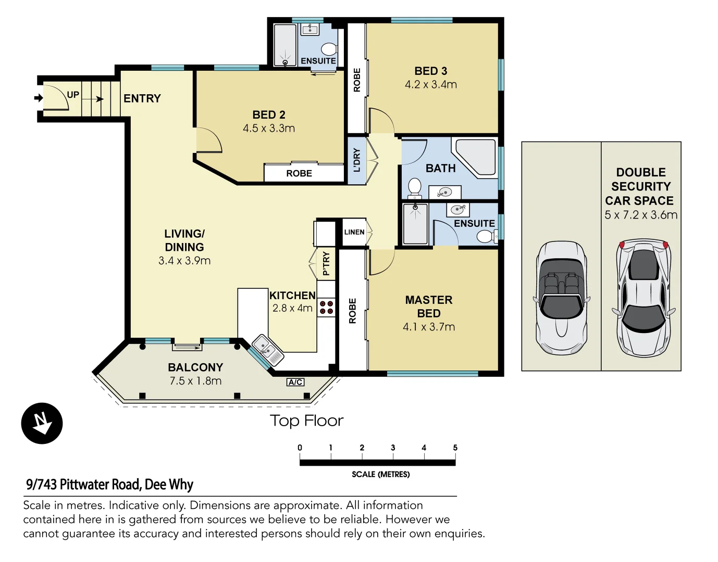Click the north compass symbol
point(42,424)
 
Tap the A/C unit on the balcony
point(295,382)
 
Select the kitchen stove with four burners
point(326,308)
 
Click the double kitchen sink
point(268,350)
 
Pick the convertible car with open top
point(561,298)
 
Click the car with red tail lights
point(643,298)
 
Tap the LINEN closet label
point(354,232)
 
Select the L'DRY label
point(357,160)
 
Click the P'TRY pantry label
point(326,263)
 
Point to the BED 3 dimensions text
point(431,84)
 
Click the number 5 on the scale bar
point(455,448)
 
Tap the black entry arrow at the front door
point(39,98)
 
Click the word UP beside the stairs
point(73,95)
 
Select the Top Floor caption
point(306,421)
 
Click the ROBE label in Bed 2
point(299,173)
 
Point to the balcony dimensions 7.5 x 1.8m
point(195,381)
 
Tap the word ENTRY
point(142,98)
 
